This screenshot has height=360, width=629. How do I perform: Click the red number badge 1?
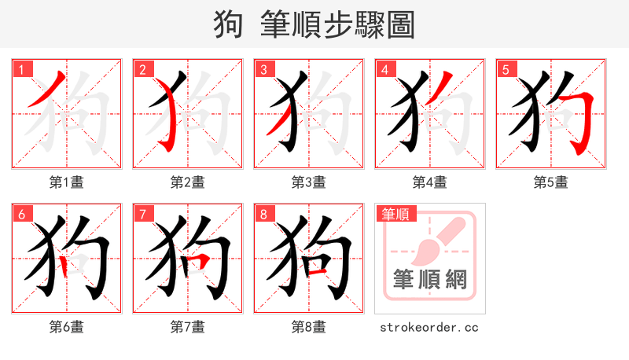(x=21, y=69)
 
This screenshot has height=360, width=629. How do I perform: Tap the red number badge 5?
(x=506, y=69)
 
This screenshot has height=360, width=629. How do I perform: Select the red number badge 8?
(x=263, y=214)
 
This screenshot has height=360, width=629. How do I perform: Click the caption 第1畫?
(x=67, y=182)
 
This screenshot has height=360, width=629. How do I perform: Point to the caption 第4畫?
(x=430, y=182)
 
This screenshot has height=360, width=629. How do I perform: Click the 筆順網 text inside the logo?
(x=430, y=279)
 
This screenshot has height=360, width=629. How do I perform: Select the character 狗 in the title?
(x=228, y=25)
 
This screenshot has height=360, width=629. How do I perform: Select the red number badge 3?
(x=263, y=69)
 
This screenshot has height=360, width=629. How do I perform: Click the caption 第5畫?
(x=551, y=182)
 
